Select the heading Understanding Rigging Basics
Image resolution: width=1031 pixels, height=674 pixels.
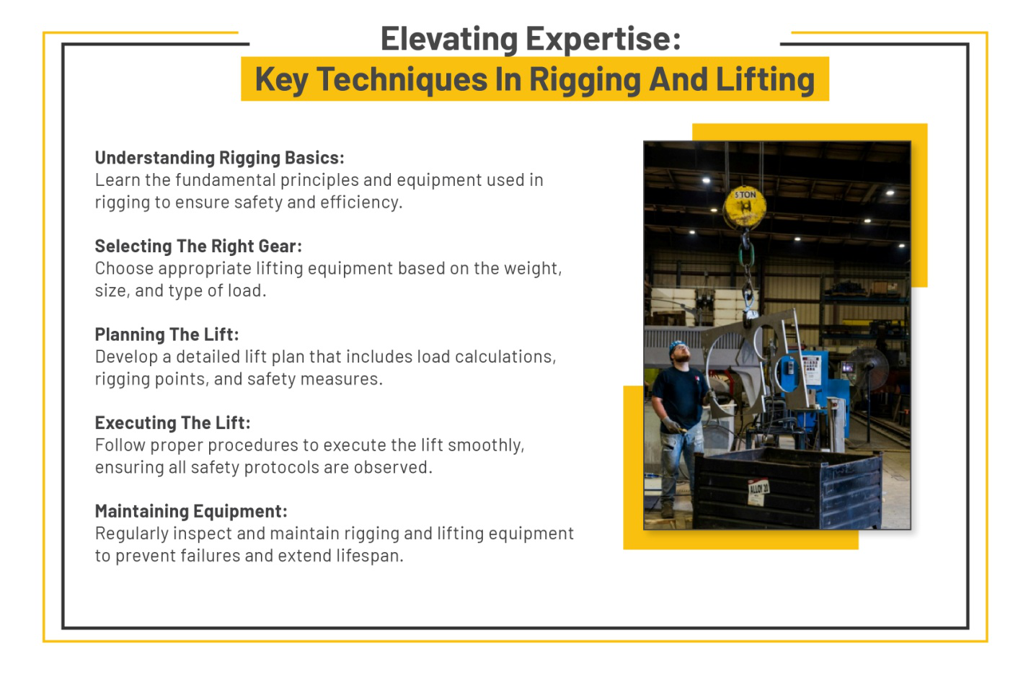(219, 158)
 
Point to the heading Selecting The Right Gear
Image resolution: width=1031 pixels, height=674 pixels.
(198, 247)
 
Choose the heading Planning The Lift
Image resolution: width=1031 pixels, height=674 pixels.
(167, 334)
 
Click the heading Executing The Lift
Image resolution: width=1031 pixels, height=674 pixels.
(172, 423)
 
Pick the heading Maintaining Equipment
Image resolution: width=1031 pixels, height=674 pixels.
(191, 512)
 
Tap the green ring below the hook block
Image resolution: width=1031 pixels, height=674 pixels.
(746, 254)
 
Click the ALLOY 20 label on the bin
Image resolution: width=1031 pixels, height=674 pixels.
(758, 491)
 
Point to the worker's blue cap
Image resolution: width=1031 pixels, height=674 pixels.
(678, 346)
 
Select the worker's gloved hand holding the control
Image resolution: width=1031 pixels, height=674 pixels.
(672, 425)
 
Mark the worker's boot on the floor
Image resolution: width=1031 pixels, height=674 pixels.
(667, 510)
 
